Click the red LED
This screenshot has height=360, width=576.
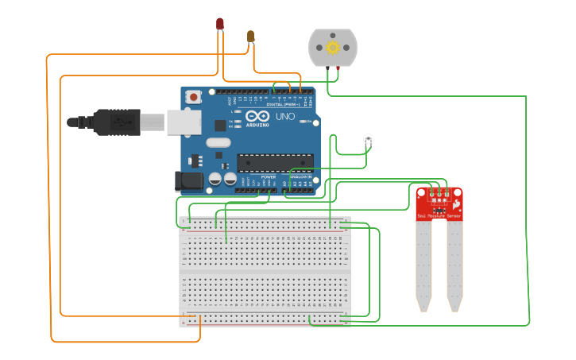click(220, 24)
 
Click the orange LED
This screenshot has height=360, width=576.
click(251, 36)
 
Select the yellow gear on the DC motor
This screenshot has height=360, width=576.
click(332, 48)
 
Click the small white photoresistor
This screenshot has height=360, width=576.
click(368, 140)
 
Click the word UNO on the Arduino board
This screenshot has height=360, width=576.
click(285, 117)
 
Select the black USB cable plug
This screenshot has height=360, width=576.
click(116, 122)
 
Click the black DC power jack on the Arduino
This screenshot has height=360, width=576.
click(190, 180)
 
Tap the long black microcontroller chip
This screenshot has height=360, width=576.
click(275, 163)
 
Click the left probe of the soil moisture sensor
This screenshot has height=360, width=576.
click(423, 265)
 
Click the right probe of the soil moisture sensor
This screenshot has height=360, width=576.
click(454, 265)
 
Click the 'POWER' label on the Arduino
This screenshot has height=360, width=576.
click(257, 176)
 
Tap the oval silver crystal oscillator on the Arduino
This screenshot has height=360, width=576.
click(218, 143)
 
